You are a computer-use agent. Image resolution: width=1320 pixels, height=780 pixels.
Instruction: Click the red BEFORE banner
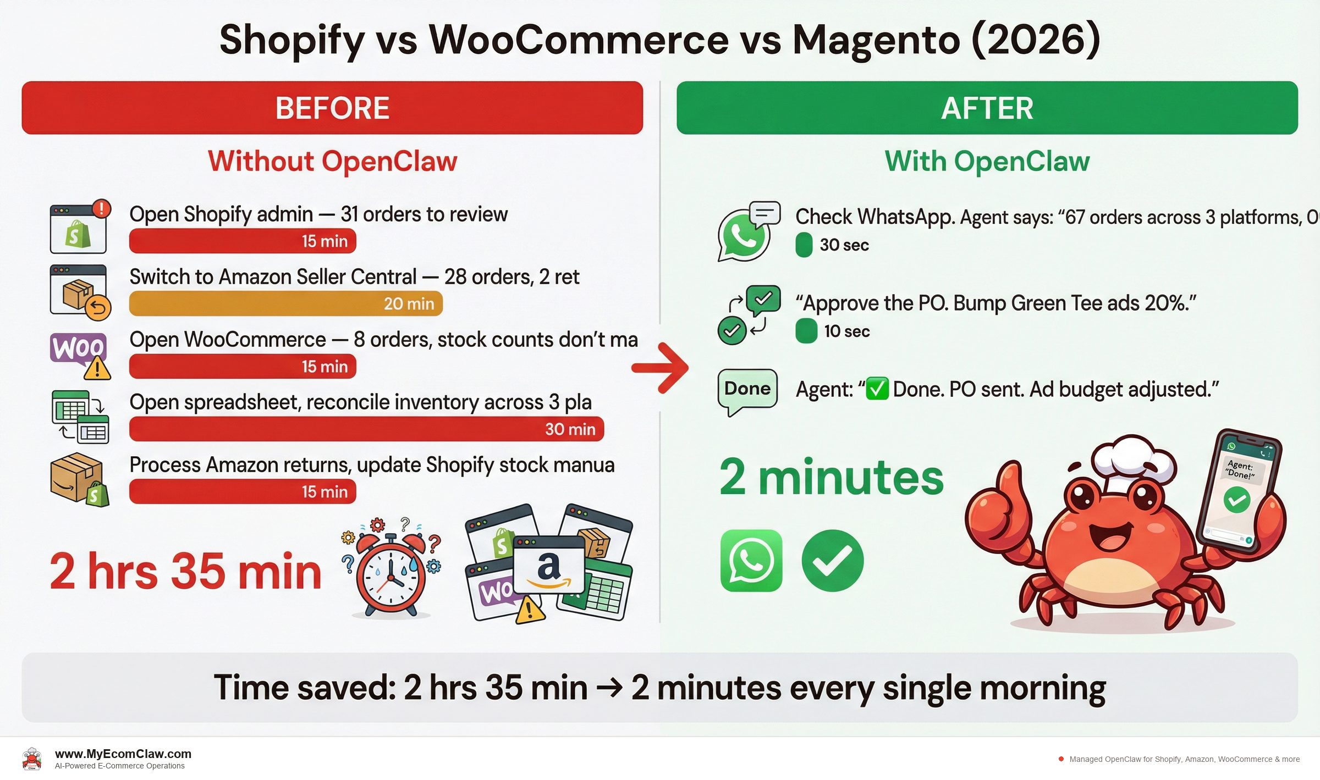332,108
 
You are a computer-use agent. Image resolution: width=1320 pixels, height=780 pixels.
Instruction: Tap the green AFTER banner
987,108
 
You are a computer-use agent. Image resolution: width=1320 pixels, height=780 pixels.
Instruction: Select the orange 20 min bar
286,303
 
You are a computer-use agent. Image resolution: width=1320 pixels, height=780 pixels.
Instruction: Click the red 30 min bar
366,429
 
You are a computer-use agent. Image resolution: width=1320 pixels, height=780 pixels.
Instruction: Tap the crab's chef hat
1133,460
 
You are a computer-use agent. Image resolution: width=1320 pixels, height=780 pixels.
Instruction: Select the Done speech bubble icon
747,392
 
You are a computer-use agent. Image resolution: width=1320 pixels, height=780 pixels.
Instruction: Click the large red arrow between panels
660,368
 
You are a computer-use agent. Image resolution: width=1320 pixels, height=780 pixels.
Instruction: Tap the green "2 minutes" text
831,477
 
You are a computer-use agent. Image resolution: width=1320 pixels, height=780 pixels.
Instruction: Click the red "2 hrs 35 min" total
185,572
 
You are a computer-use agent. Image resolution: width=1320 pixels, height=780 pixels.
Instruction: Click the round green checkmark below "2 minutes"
832,561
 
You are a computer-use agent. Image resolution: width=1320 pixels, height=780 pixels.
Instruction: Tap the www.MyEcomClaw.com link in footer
123,754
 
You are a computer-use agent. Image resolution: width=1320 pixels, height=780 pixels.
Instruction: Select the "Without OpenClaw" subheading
332,162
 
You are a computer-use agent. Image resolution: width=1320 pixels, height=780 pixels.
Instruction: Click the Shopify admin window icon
79,228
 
